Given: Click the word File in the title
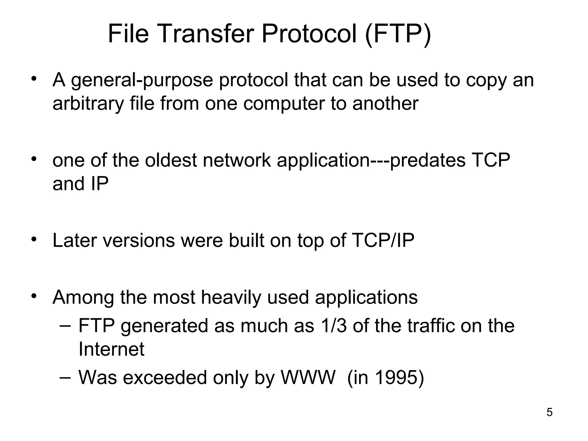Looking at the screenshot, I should point(128,34).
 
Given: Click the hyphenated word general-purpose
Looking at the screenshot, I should point(142,80).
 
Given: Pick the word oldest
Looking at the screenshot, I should point(171,160).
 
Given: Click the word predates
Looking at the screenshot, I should point(428,160).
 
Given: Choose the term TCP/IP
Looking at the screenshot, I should point(383,240).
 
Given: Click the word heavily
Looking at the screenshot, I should point(231,297).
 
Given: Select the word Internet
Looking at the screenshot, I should point(111,349).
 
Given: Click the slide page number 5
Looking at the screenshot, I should point(550,413).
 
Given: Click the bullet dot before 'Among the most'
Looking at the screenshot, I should point(34,296).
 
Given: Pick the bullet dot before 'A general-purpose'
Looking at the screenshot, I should point(34,79).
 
